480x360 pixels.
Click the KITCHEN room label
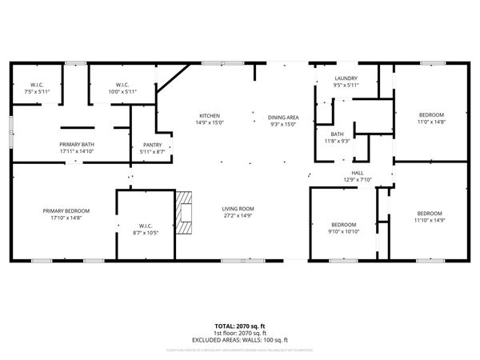pos(210,116)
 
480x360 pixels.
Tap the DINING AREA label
pos(283,117)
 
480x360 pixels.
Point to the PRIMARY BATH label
pos(77,144)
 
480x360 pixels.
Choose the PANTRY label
pos(152,145)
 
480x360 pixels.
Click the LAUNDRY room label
pos(346,78)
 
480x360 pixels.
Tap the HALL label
pos(358,173)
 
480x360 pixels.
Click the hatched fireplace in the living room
pos(185,211)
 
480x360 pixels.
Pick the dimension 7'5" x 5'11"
pos(38,92)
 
